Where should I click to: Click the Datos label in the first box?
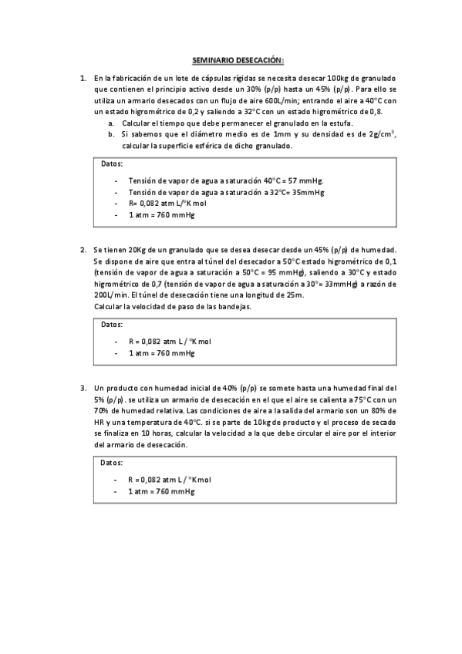[112, 163]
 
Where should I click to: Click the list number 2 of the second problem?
[83, 251]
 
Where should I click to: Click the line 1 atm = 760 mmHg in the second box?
[161, 352]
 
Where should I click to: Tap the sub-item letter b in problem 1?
[112, 134]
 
